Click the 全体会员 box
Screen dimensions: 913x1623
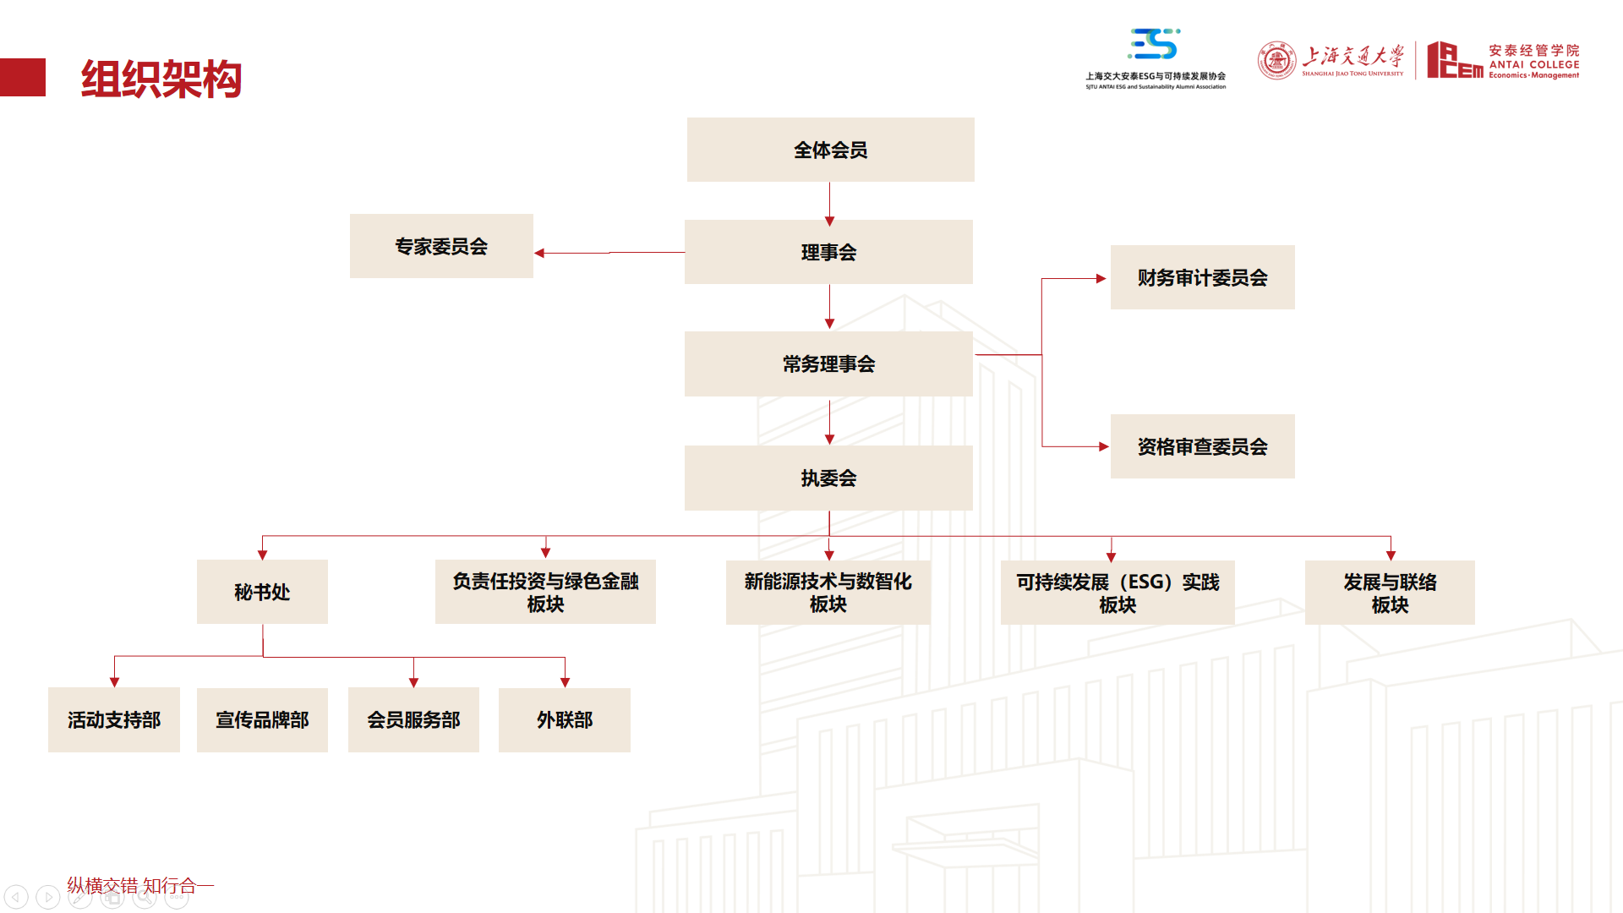point(830,150)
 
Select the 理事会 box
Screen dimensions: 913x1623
point(828,252)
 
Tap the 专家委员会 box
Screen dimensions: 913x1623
point(441,246)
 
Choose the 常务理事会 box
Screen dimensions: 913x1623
point(828,364)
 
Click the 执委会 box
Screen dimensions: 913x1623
point(828,478)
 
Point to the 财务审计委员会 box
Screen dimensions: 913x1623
point(1202,277)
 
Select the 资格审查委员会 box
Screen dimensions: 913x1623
point(1202,446)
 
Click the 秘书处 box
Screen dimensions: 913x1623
point(262,592)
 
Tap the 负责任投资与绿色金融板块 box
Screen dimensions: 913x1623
point(545,592)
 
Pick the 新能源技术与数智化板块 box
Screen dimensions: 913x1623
point(828,593)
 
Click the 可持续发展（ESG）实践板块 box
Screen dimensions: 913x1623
point(1118,593)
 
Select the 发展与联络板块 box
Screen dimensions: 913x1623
point(1390,593)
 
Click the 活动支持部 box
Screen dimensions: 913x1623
point(114,719)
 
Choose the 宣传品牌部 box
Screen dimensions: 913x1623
point(262,719)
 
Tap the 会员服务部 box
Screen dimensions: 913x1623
point(413,719)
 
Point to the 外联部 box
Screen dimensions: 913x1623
point(565,719)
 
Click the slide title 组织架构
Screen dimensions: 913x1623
point(161,79)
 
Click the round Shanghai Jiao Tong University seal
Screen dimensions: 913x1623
point(1276,61)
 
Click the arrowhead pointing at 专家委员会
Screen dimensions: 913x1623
point(539,253)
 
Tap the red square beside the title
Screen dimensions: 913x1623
point(23,77)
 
